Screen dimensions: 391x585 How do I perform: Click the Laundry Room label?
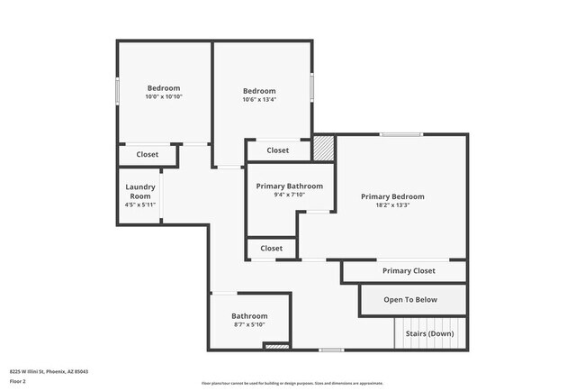tap(140, 191)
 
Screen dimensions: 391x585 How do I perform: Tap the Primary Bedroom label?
tap(392, 196)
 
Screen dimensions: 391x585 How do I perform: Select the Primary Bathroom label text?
tap(290, 186)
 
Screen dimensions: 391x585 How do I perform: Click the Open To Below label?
tap(410, 300)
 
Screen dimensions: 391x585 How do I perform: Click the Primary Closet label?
tap(409, 270)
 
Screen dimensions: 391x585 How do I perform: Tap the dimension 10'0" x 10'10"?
tap(165, 96)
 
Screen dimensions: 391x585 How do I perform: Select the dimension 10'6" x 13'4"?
tap(259, 99)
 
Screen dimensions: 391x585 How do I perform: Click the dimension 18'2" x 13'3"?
tap(392, 205)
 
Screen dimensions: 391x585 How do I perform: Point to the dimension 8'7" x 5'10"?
tap(249, 324)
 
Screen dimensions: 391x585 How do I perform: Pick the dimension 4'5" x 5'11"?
tap(140, 205)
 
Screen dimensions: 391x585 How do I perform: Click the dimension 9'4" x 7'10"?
tap(290, 195)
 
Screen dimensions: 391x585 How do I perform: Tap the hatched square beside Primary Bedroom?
tap(323, 147)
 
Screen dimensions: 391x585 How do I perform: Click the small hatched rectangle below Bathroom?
tap(276, 346)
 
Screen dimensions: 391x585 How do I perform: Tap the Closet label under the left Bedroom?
tap(148, 154)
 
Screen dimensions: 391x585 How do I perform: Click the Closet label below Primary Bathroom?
tap(271, 248)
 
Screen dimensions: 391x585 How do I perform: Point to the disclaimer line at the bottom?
tap(292, 382)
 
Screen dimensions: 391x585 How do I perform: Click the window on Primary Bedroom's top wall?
tap(400, 135)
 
